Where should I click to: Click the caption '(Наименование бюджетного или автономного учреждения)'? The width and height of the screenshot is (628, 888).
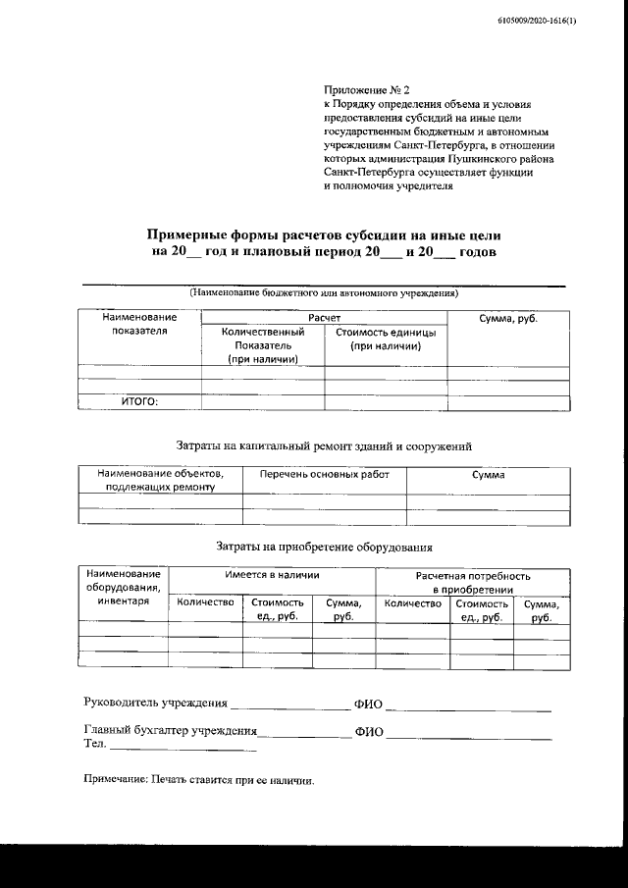tap(323, 292)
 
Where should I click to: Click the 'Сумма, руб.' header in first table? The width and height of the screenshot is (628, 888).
tap(508, 319)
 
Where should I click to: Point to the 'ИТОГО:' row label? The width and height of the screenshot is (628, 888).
tap(138, 400)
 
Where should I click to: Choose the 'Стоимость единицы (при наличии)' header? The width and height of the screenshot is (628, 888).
tap(386, 339)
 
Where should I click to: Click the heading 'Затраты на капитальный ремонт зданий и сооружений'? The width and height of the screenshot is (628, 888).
tap(324, 445)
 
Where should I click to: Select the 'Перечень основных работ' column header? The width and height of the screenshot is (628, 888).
tap(324, 474)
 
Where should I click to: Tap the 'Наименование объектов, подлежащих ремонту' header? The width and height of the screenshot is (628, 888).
tap(160, 480)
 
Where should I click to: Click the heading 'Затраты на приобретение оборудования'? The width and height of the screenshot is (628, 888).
tap(324, 548)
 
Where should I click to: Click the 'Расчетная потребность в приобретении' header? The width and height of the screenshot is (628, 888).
tap(472, 583)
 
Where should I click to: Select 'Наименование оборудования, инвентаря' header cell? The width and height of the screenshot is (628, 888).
tap(123, 587)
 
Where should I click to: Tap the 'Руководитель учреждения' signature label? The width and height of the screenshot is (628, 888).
tap(156, 704)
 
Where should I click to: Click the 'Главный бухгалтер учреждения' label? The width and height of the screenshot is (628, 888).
tap(171, 731)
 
